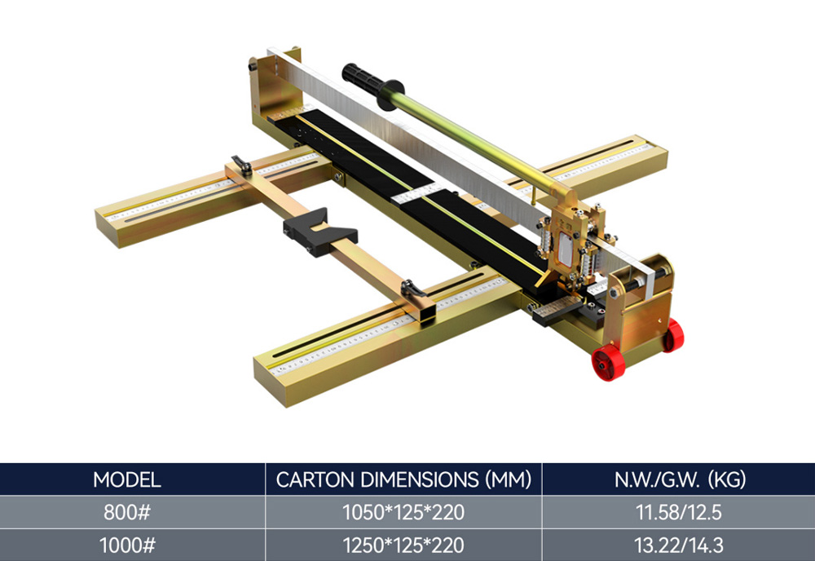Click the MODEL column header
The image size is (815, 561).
point(127,479)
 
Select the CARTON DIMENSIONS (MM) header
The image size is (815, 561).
point(403,479)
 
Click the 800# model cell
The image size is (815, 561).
point(127,512)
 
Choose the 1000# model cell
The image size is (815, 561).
point(127,545)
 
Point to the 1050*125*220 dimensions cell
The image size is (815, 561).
point(403,512)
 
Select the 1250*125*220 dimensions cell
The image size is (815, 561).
point(403,545)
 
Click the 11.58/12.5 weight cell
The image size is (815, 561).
point(679,512)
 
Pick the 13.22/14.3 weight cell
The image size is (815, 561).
point(679,545)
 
